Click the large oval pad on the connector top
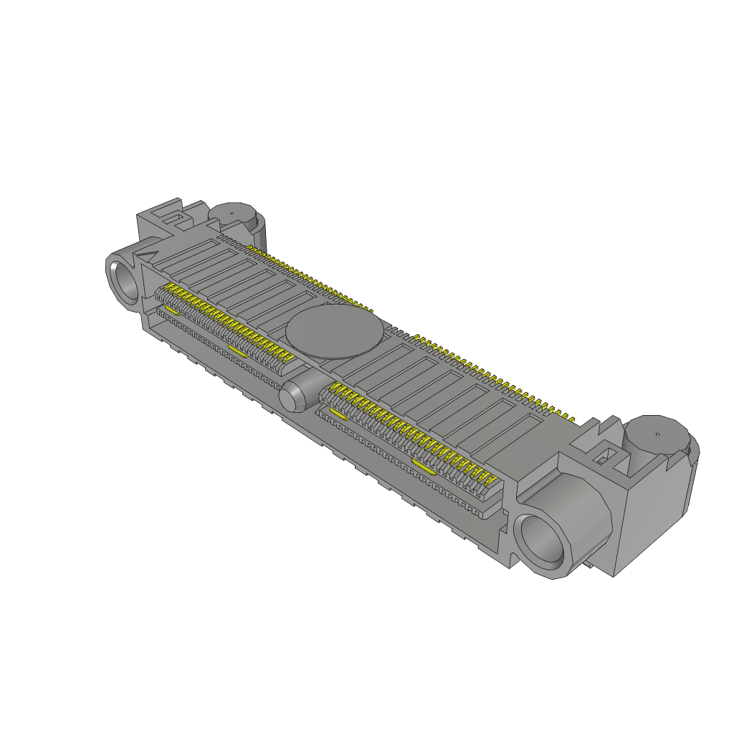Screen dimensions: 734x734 tap(330, 333)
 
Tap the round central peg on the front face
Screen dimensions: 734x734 tap(294, 396)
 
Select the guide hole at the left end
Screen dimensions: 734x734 tap(127, 280)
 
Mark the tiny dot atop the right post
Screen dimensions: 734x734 tap(657, 434)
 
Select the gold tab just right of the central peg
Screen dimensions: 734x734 tap(336, 414)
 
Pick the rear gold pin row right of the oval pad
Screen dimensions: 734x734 tap(495, 376)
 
